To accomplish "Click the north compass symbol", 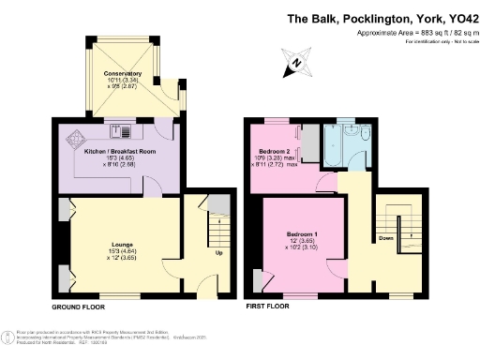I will (x=295, y=63).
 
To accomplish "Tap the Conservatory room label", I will (x=124, y=73).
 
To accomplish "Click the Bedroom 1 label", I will (x=302, y=232).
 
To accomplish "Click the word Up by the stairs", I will (x=219, y=253).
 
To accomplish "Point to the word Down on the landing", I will (x=384, y=238).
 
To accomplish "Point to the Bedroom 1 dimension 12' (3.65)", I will (x=302, y=240).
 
